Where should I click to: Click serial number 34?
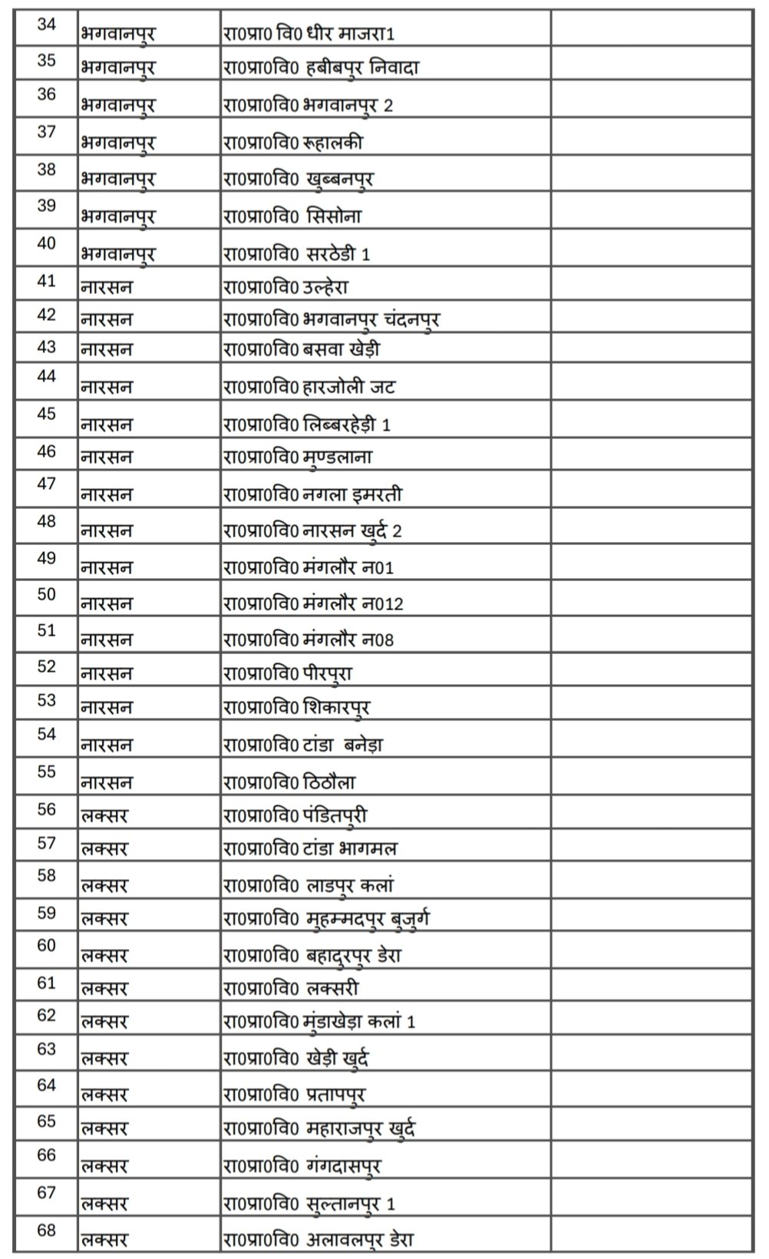tap(47, 25)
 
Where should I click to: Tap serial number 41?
tap(47, 281)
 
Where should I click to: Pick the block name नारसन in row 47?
tap(107, 495)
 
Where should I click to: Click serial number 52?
tap(47, 666)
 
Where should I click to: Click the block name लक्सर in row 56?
tap(104, 815)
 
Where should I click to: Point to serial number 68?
tap(47, 1231)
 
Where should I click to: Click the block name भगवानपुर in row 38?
tap(117, 180)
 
